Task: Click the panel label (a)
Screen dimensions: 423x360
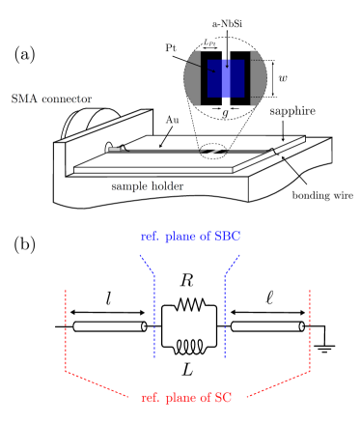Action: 25,55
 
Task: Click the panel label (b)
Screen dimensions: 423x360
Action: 25,244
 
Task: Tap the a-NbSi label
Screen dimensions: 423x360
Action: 227,22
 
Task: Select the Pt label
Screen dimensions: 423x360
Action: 171,47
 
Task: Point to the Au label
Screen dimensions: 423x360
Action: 172,120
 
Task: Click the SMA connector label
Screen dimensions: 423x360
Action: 51,99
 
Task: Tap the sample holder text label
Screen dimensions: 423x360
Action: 147,186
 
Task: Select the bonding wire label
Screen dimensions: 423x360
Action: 322,196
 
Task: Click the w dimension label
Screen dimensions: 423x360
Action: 282,77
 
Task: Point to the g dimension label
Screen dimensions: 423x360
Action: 225,114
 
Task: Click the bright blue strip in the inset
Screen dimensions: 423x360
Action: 226,78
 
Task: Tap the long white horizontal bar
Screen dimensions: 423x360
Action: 152,170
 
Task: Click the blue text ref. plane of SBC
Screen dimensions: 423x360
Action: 190,236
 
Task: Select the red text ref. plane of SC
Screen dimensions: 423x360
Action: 186,398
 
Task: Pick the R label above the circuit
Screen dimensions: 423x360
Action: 187,280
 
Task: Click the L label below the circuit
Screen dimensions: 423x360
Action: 187,368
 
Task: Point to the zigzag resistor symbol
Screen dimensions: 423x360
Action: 188,307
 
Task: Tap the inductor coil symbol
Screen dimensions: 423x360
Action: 188,343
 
